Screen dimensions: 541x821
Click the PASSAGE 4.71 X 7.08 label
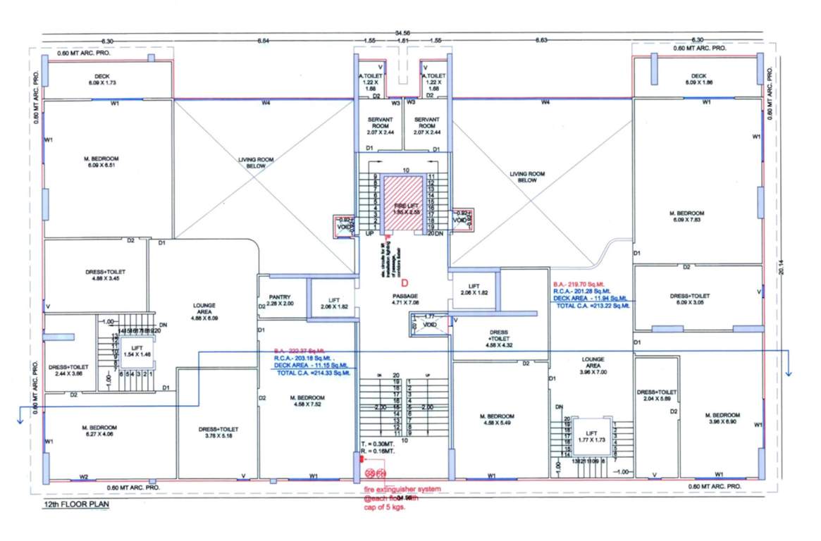[x=405, y=299]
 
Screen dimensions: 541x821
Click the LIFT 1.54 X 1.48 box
[x=134, y=350]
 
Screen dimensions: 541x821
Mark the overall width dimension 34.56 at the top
[x=402, y=33]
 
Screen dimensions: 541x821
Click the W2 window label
[x=84, y=478]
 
